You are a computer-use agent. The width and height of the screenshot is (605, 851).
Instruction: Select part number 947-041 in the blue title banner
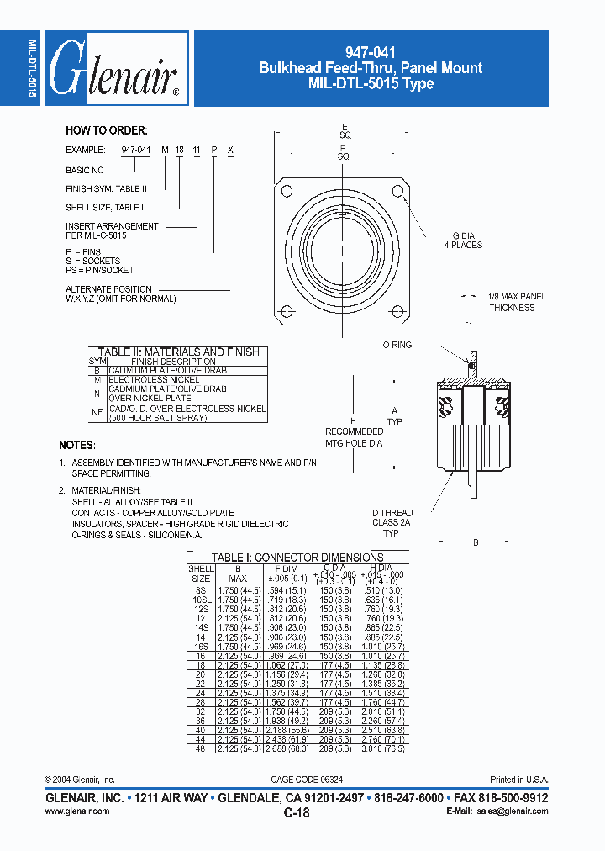tap(371, 51)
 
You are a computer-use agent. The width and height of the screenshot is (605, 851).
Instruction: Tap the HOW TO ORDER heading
tap(107, 130)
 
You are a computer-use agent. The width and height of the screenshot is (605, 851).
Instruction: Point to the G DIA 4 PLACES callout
tap(463, 240)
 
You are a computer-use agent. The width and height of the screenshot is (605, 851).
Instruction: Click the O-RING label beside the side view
tap(397, 345)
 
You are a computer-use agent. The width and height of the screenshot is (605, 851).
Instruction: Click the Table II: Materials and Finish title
tap(178, 351)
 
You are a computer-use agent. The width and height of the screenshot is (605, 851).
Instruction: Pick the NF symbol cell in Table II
tap(97, 412)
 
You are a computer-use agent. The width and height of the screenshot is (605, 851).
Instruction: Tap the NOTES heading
tap(77, 444)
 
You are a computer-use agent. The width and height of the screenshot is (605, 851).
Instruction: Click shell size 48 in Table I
tap(200, 748)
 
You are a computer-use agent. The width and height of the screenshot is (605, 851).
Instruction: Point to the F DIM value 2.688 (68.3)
tap(287, 748)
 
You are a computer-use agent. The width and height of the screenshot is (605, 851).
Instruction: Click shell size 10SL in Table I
tap(200, 600)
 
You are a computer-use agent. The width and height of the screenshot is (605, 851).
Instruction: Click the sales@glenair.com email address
tap(513, 811)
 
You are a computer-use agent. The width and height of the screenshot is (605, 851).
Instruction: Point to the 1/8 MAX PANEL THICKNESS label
tap(511, 302)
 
